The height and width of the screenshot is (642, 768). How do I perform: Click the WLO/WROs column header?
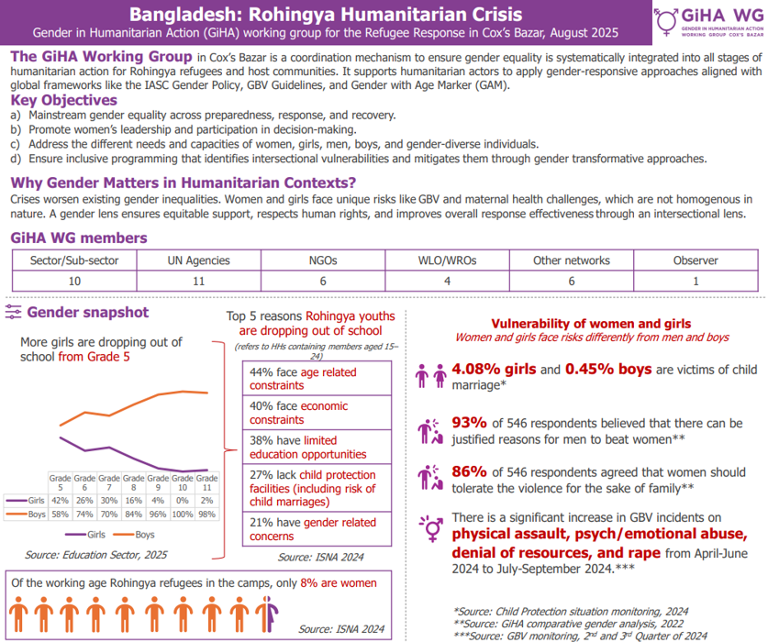(445, 260)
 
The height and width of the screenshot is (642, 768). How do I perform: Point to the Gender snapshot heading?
(88, 313)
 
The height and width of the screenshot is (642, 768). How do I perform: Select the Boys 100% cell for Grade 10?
(183, 514)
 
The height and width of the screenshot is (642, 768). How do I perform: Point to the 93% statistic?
(468, 424)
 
